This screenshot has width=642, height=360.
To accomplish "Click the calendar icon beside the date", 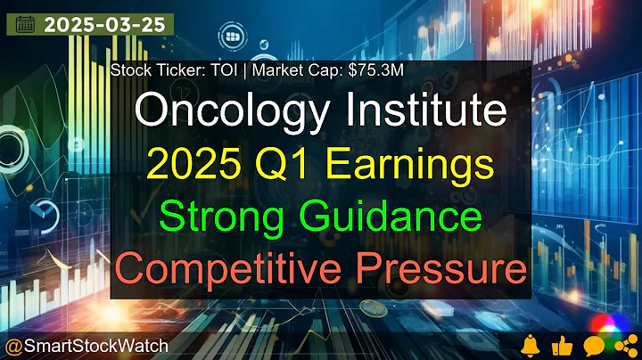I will (x=25, y=24).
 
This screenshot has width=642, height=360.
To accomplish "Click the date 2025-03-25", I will (x=104, y=24).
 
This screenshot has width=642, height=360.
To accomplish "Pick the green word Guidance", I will (x=393, y=217).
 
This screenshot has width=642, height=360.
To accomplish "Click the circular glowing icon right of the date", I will (x=234, y=36).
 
